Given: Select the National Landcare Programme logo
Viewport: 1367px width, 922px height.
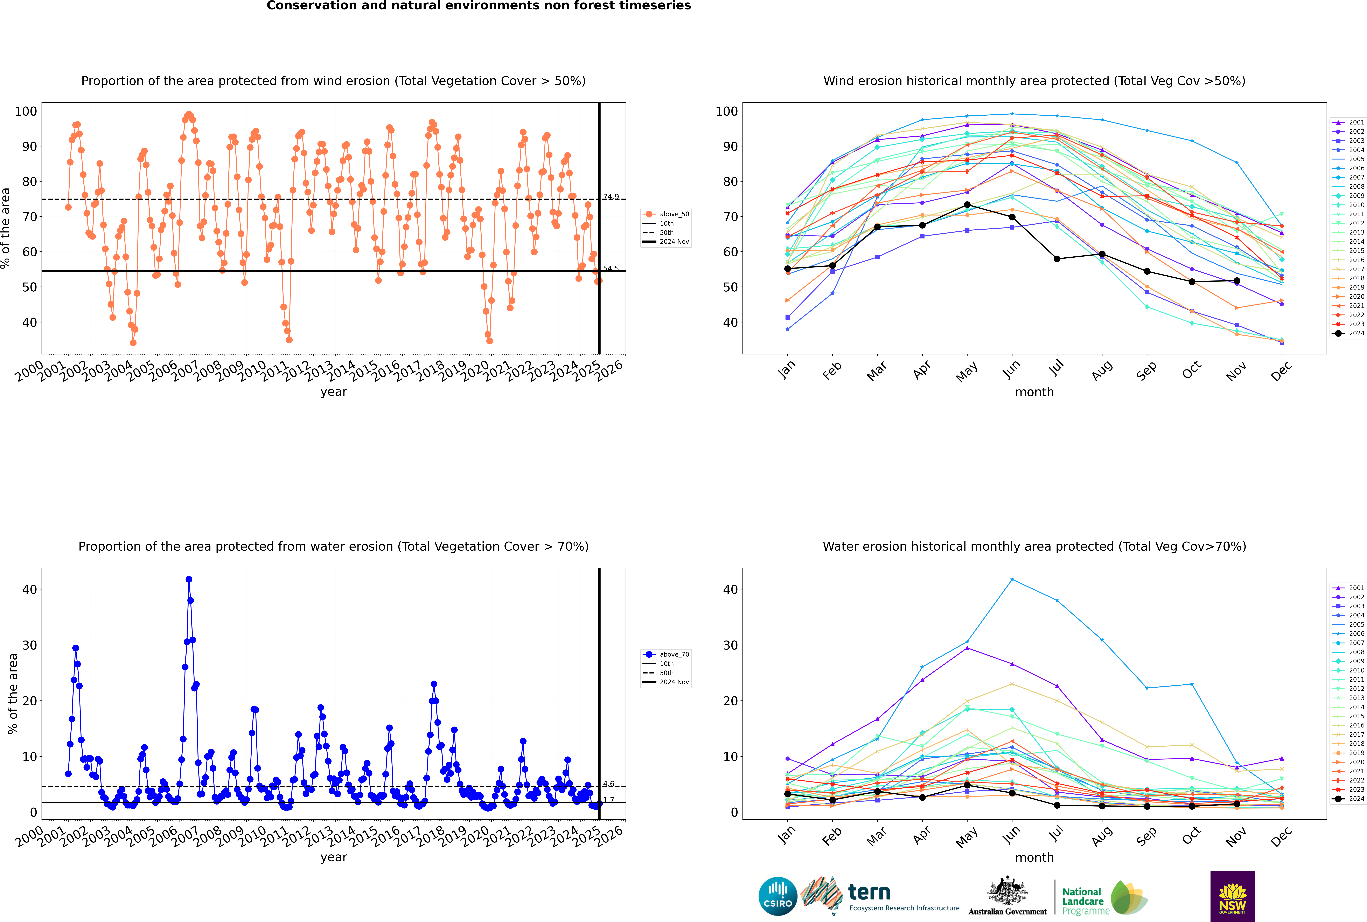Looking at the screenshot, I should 1104,898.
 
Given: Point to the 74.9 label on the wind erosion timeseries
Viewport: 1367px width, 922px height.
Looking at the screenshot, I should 611,197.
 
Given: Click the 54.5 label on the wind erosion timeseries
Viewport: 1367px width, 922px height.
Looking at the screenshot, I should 611,269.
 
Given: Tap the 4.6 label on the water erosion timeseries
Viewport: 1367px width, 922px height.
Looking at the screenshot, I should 608,784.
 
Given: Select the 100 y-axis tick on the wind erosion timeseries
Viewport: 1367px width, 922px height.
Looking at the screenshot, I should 26,111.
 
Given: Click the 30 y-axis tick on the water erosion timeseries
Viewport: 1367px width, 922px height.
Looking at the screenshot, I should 29,645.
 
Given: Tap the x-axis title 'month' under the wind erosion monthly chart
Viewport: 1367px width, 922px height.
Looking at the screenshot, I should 1034,392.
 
